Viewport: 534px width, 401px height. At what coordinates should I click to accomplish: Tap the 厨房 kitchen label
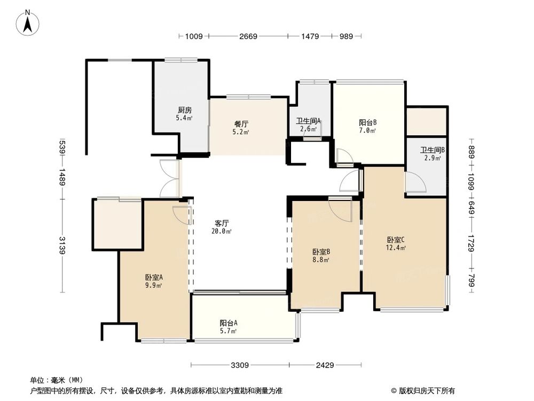tap(185, 113)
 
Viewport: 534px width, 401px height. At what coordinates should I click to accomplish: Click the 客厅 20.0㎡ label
tap(222, 227)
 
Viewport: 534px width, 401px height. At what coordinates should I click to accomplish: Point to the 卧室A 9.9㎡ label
tap(153, 281)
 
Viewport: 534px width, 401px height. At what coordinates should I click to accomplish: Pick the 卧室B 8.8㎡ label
tap(320, 255)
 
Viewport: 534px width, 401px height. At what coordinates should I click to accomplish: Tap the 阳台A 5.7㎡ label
tap(228, 326)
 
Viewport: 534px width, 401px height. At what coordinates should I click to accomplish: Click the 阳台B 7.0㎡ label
tap(368, 126)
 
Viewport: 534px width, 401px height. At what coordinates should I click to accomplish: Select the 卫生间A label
tap(309, 124)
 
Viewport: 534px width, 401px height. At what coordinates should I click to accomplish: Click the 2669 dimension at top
tap(248, 36)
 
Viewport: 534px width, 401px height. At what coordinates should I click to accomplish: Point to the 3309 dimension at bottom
tap(240, 366)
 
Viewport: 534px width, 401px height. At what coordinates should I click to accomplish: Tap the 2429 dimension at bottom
tap(324, 366)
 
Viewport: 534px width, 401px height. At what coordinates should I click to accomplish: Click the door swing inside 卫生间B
tap(415, 183)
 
